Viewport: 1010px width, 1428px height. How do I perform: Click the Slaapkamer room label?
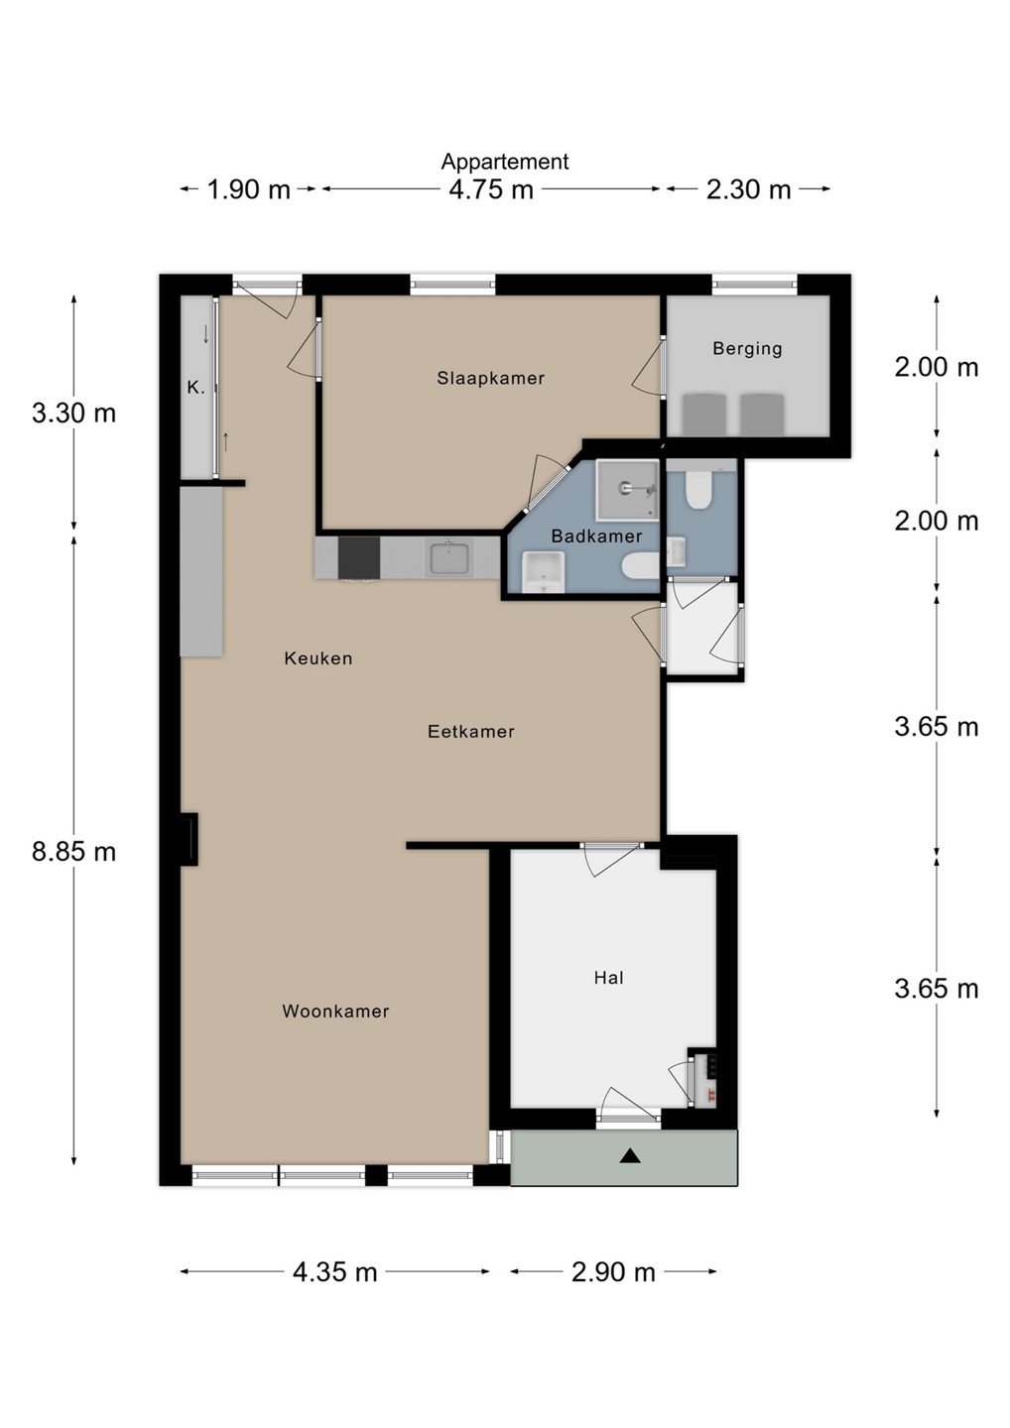(x=490, y=378)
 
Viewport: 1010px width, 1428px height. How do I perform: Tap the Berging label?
(x=747, y=349)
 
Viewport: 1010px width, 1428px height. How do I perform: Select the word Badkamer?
(x=596, y=536)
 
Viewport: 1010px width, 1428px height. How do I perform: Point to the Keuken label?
(x=318, y=657)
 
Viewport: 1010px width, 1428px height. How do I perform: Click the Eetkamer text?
(x=471, y=731)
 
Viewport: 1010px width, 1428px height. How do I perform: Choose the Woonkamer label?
(x=335, y=1011)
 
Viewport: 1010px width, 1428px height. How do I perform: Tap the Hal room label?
(x=609, y=978)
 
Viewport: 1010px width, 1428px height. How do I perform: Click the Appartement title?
(x=505, y=162)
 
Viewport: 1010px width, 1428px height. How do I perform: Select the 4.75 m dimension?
(x=491, y=189)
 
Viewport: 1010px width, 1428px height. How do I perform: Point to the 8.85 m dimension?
(x=74, y=852)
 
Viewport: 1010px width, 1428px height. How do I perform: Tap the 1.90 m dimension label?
(x=249, y=189)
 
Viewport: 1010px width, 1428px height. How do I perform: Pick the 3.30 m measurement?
(x=74, y=414)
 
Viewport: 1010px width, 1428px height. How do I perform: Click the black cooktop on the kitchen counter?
(x=359, y=557)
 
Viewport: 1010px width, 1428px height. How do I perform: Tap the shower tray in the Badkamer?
(x=627, y=490)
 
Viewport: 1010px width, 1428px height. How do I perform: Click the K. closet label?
(x=195, y=387)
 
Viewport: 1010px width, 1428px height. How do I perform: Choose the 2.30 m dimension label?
(x=749, y=189)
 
